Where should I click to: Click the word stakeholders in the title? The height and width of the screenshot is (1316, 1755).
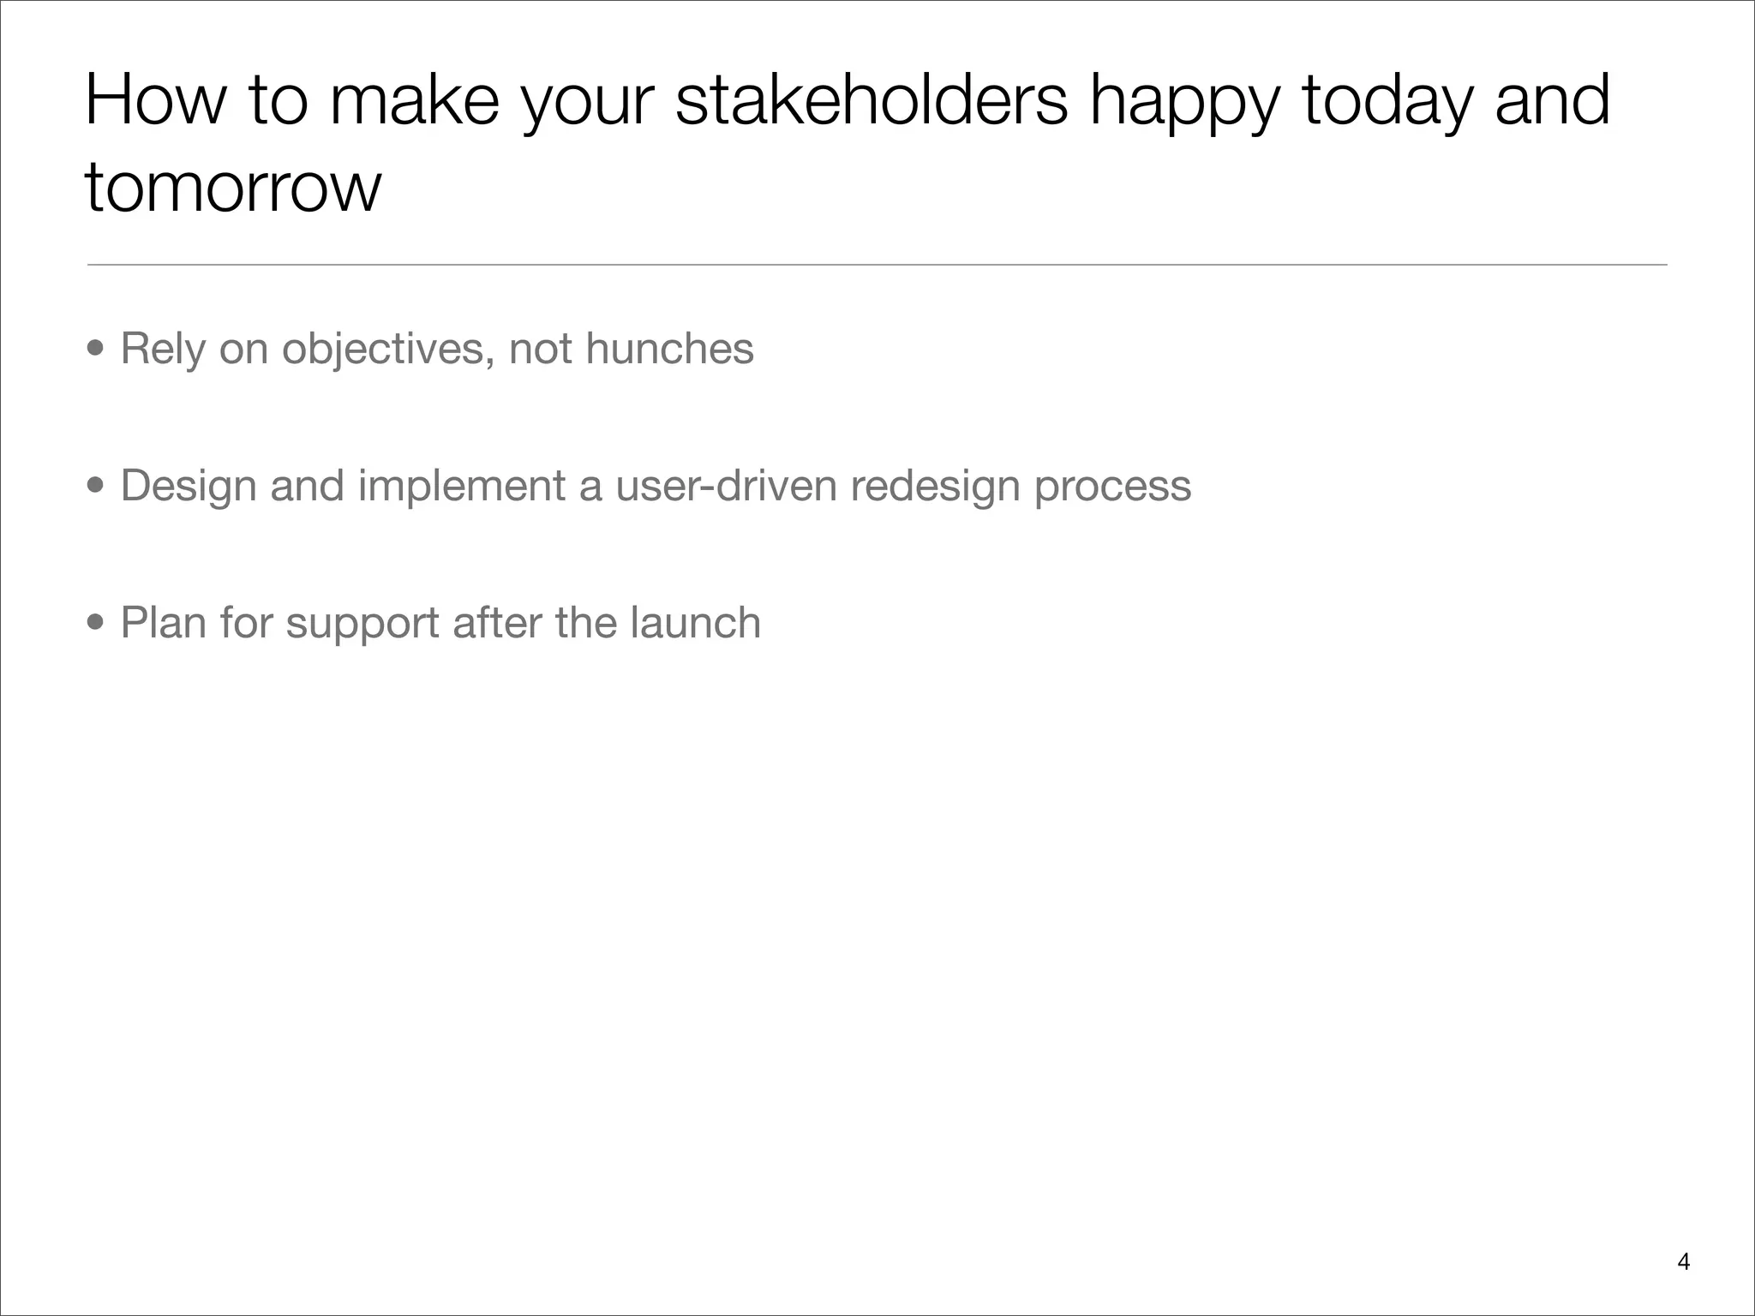coord(872,101)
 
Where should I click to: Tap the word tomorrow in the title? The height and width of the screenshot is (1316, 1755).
coord(232,188)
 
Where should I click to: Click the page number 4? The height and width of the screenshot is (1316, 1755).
coord(1683,1262)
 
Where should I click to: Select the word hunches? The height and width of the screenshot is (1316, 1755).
coord(669,349)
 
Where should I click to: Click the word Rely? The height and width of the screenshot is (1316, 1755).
coord(163,350)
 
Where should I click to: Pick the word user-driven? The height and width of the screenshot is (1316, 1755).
coord(726,486)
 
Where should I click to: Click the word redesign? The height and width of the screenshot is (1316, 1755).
coord(935,487)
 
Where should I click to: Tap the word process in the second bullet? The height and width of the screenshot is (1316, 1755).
coord(1112,487)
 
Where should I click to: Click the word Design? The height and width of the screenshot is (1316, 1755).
coord(189,487)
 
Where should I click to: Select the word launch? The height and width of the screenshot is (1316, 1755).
coord(695,623)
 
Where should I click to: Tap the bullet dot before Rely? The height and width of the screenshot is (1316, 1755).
coord(96,350)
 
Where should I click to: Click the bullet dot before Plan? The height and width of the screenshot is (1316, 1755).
coord(96,623)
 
